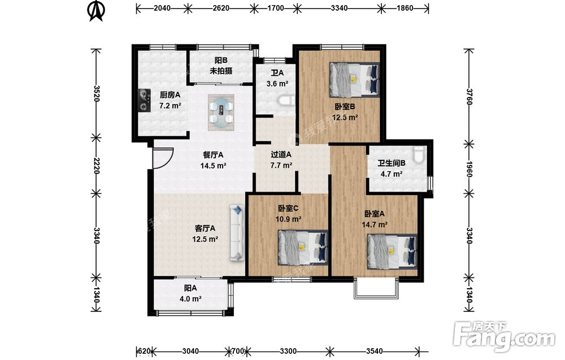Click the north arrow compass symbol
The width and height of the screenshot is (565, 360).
click(x=96, y=11)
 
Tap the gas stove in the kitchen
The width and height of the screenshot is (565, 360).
click(x=145, y=101)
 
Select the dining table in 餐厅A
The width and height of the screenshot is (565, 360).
click(x=221, y=112)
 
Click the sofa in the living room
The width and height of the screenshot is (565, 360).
click(x=236, y=232)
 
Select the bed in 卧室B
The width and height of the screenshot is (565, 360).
click(x=355, y=80)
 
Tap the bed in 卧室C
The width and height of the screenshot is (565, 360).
click(x=303, y=247)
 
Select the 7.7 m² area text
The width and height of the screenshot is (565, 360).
click(x=281, y=166)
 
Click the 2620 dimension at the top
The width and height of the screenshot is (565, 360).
click(x=221, y=8)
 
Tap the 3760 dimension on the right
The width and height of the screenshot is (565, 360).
click(x=469, y=97)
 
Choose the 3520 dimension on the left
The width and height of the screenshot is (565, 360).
click(x=96, y=93)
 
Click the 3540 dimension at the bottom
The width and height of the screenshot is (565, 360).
click(x=375, y=351)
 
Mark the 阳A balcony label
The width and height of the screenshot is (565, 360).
click(x=190, y=288)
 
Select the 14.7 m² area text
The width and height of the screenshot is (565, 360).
click(x=375, y=224)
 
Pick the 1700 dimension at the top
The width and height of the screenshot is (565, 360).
click(x=276, y=8)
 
